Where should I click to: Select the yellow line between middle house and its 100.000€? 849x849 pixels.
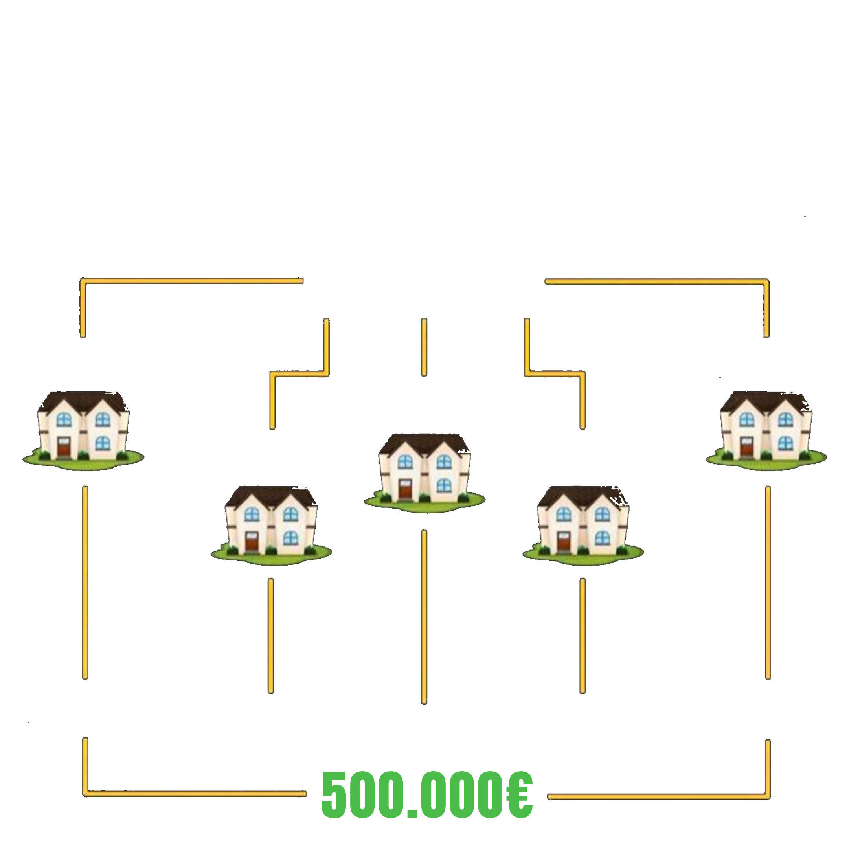point(424,615)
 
